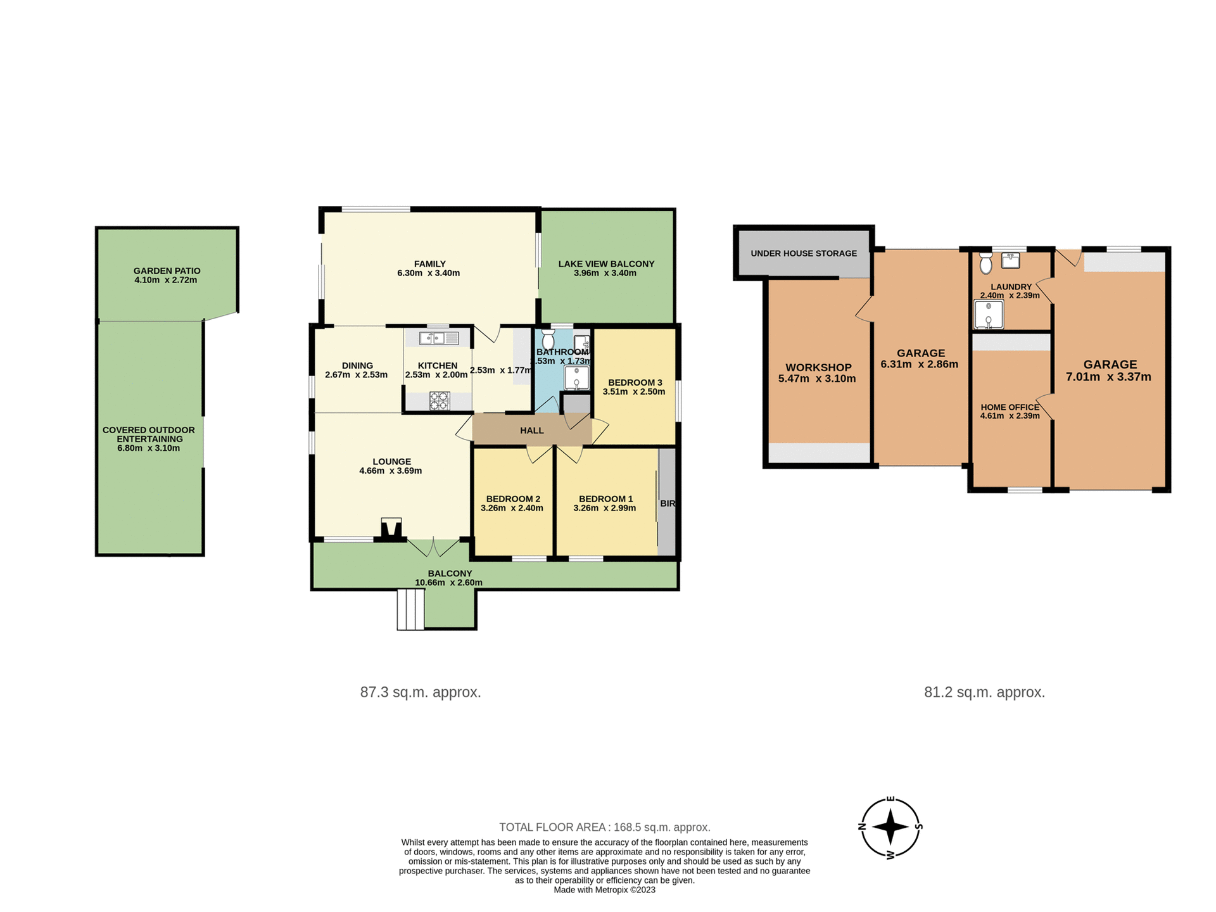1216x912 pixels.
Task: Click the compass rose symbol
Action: (890, 827)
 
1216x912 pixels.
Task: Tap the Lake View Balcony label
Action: (606, 264)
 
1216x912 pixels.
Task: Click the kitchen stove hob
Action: (439, 400)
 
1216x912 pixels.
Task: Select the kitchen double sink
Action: (439, 338)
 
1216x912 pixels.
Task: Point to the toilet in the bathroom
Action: (548, 339)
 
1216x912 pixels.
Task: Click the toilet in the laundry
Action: (985, 263)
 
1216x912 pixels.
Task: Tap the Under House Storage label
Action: (803, 253)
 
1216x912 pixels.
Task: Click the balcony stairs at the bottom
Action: (410, 609)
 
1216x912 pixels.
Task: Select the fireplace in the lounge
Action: (391, 529)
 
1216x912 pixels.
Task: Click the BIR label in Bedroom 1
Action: (668, 503)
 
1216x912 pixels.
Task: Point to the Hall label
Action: (531, 431)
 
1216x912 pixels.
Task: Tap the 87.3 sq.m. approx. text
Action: (421, 692)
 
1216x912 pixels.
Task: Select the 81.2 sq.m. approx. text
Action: (984, 692)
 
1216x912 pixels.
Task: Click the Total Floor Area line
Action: (604, 827)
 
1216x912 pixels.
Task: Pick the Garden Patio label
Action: (167, 270)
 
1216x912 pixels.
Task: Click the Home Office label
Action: (1010, 407)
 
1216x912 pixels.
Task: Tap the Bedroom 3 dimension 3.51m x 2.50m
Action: (634, 392)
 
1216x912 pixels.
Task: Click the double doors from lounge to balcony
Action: (433, 547)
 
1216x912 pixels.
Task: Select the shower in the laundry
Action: (988, 315)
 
